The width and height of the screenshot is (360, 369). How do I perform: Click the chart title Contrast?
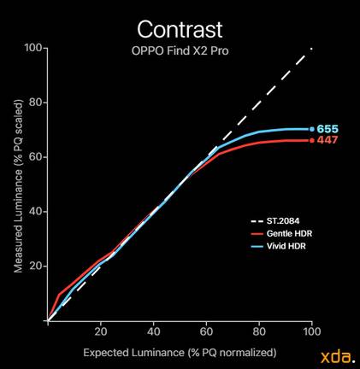click(180, 29)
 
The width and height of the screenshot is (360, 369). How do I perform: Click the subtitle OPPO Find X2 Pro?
click(180, 50)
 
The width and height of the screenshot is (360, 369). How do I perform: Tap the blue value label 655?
click(328, 129)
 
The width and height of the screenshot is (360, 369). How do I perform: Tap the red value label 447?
click(328, 140)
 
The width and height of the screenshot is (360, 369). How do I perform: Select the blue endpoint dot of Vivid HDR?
click(312, 129)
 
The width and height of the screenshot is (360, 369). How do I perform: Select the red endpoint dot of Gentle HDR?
click(312, 140)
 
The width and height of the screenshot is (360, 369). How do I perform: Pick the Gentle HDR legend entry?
click(281, 233)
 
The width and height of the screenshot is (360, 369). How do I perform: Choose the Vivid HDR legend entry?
click(278, 246)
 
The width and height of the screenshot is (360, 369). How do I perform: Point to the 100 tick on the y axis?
click(33, 48)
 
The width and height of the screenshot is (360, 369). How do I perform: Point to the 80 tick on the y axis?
click(36, 102)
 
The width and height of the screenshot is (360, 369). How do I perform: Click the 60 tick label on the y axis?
click(36, 157)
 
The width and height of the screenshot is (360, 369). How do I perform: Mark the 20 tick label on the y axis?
click(36, 266)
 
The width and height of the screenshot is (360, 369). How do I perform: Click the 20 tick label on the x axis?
click(101, 331)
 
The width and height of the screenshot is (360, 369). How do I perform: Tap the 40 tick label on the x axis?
click(154, 331)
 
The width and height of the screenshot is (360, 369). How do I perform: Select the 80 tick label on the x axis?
click(259, 331)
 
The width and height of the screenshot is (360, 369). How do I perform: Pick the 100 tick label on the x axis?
click(312, 331)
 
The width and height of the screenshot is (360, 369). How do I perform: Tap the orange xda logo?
click(338, 357)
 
